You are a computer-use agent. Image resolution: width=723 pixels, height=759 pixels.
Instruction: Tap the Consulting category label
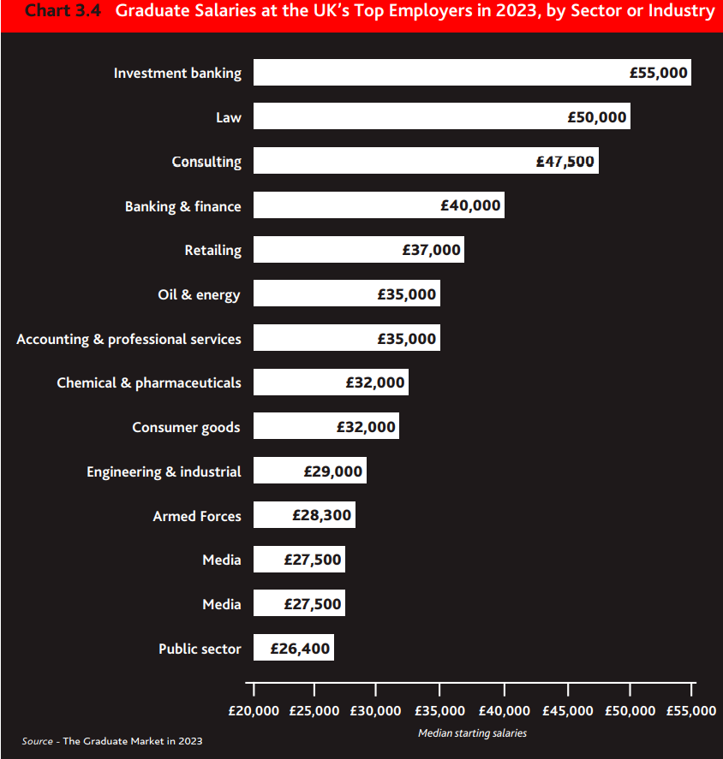pyautogui.click(x=206, y=162)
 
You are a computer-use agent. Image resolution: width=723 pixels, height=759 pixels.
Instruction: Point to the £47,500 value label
pyautogui.click(x=565, y=162)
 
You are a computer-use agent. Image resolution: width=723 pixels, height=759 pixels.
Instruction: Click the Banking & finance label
pyautogui.click(x=182, y=206)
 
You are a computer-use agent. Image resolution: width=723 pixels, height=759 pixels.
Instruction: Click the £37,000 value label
pyautogui.click(x=432, y=251)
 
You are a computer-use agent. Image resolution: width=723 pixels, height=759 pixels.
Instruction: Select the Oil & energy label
pyautogui.click(x=199, y=295)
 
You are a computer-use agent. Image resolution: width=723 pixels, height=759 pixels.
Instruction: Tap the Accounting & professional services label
pyautogui.click(x=128, y=340)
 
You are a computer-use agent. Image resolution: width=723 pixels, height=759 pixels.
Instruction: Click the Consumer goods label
pyautogui.click(x=186, y=427)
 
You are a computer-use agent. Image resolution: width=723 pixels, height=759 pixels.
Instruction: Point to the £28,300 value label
pyautogui.click(x=322, y=516)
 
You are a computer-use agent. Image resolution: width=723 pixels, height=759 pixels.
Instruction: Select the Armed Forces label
pyautogui.click(x=197, y=516)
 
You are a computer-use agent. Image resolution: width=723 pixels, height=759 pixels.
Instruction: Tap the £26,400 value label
pyautogui.click(x=300, y=649)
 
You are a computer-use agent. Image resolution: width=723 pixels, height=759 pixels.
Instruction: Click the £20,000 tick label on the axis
pyautogui.click(x=254, y=711)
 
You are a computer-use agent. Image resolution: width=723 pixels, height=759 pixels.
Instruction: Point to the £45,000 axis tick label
pyautogui.click(x=568, y=711)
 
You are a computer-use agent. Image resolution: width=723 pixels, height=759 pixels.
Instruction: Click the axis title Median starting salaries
pyautogui.click(x=472, y=733)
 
